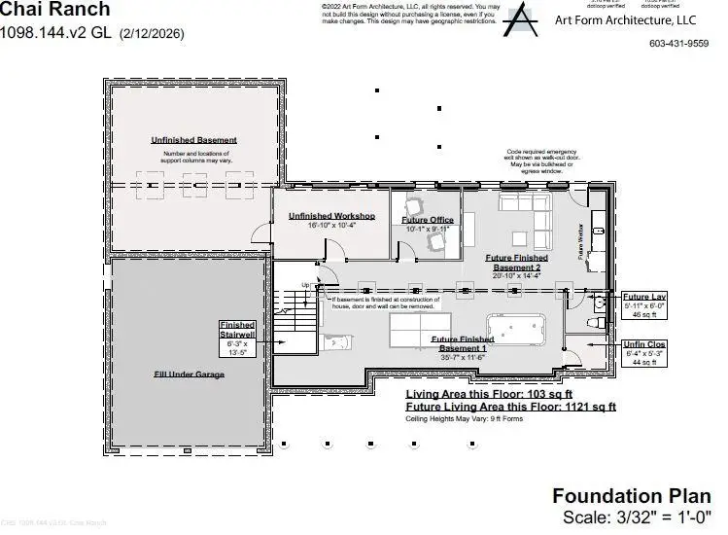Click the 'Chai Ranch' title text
[x=55, y=11]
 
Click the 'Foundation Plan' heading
[x=631, y=495]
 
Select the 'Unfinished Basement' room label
[x=193, y=140]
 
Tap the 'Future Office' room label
[x=427, y=220]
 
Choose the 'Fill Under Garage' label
[x=189, y=374]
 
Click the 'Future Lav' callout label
[x=643, y=297]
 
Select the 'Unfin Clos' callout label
[x=643, y=344]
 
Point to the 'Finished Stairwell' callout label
[x=237, y=330]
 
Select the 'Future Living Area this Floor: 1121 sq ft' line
[x=510, y=407]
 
